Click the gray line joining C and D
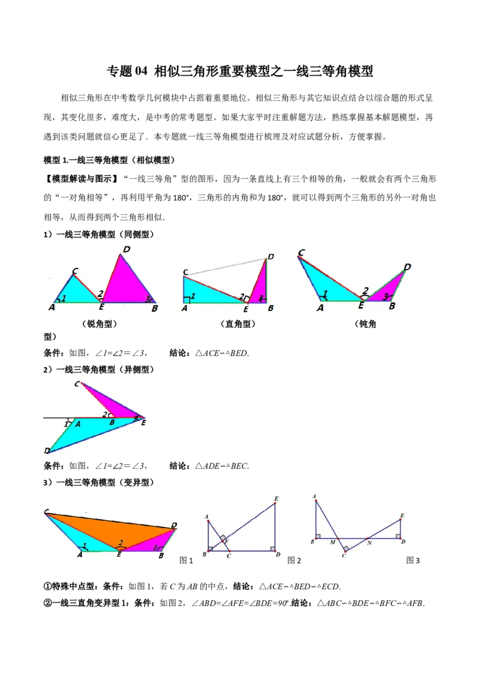click(225, 267)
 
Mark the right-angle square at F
click(223, 538)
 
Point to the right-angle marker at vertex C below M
click(346, 548)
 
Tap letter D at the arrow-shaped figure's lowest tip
click(46, 451)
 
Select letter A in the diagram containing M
click(315, 496)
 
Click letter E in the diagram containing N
click(401, 515)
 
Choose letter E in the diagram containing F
click(276, 499)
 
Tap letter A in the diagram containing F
click(206, 517)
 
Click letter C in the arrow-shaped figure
click(76, 383)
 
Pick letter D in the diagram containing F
click(278, 554)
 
